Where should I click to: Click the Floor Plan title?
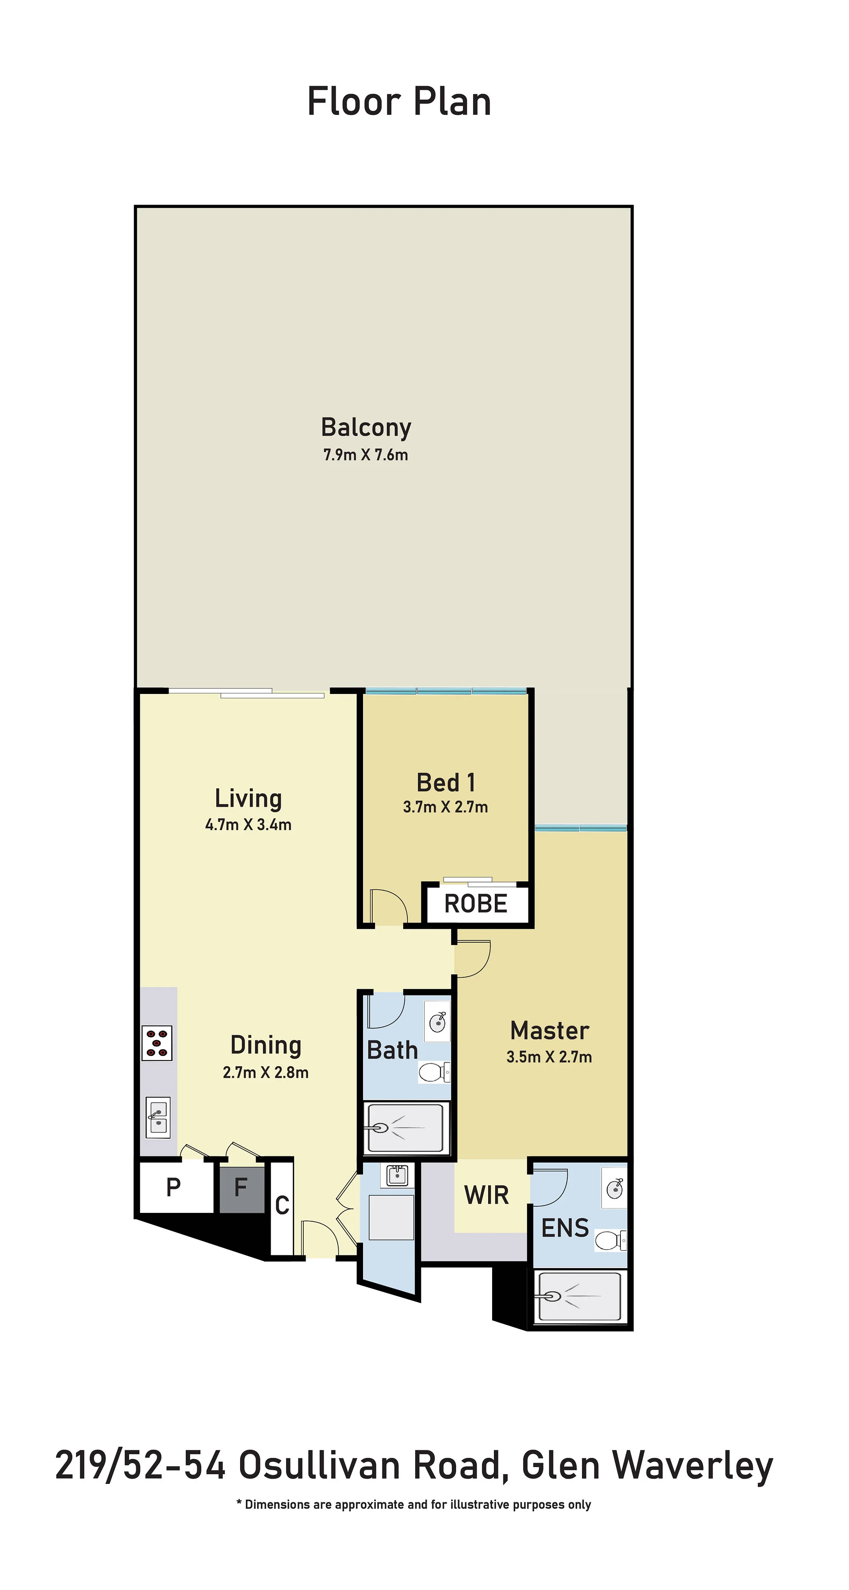[x=399, y=102]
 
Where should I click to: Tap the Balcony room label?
[x=366, y=427]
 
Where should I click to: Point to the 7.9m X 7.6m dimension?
[x=366, y=455]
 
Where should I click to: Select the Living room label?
[x=248, y=799]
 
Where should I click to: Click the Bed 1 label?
[x=446, y=783]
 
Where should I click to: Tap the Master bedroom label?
[x=550, y=1030]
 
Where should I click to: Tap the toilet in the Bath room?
[x=435, y=1071]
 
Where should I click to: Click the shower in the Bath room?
[x=405, y=1128]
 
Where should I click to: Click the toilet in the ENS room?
[x=611, y=1239]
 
